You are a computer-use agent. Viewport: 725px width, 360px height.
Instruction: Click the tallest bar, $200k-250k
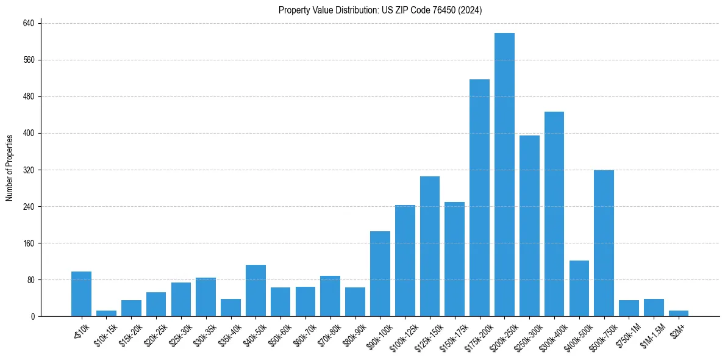point(504,175)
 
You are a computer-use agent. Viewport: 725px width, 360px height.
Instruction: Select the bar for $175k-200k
point(479,198)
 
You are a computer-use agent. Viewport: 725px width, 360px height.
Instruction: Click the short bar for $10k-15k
point(106,313)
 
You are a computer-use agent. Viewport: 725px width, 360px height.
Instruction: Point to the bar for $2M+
point(678,313)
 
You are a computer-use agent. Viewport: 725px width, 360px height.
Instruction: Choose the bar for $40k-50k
point(255,290)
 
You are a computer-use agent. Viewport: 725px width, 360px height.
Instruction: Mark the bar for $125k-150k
point(430,246)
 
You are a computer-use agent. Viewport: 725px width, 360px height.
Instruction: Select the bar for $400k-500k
point(579,288)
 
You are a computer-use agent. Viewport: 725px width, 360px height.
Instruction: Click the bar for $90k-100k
point(380,273)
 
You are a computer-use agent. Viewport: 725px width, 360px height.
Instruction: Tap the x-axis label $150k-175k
point(453,334)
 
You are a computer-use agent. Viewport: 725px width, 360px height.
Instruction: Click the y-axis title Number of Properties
point(9,168)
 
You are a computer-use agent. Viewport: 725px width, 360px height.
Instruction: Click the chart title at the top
point(380,10)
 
